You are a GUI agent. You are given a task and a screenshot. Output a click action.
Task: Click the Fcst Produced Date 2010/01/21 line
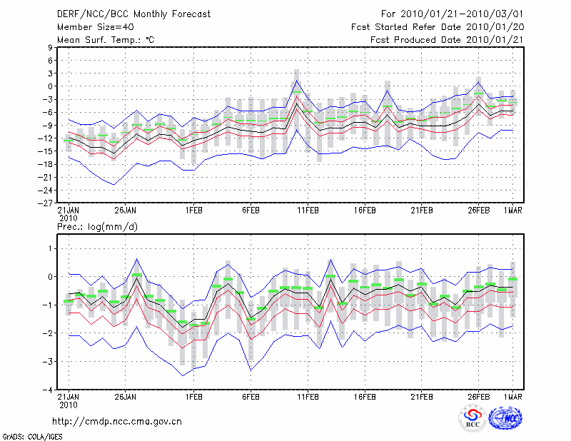(446, 39)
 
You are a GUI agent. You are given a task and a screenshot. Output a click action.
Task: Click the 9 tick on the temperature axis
(51, 48)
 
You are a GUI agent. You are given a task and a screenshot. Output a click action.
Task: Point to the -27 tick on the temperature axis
(46, 203)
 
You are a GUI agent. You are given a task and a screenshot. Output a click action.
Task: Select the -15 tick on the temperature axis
(46, 151)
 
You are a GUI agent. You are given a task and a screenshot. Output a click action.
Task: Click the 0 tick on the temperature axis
(51, 86)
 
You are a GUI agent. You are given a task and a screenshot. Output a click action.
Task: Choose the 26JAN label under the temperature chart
(126, 211)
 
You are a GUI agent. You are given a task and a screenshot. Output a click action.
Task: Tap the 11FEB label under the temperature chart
(308, 211)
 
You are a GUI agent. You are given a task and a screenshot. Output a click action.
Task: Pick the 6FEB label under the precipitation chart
(250, 397)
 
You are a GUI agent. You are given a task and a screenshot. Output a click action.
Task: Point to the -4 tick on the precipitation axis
(49, 390)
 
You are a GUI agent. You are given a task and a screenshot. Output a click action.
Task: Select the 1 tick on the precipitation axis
(51, 248)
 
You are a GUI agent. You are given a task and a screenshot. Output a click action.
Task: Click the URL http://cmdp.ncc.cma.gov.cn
(118, 421)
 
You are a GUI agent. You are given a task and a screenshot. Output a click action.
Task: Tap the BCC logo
(472, 420)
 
